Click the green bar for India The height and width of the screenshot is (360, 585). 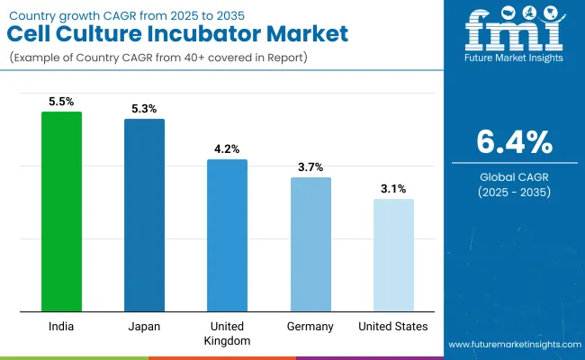click(x=61, y=211)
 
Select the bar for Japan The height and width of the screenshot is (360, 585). click(x=144, y=215)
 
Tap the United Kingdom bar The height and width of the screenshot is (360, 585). click(x=227, y=236)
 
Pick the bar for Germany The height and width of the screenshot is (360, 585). click(x=310, y=245)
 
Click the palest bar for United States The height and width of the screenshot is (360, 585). click(x=393, y=256)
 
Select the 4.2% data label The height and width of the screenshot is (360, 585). click(x=227, y=150)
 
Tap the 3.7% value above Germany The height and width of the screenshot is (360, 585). click(x=310, y=167)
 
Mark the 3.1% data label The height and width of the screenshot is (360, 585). click(x=393, y=189)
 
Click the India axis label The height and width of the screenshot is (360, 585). click(x=61, y=326)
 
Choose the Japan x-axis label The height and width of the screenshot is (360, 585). click(x=144, y=326)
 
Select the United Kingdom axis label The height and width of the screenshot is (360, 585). click(x=227, y=333)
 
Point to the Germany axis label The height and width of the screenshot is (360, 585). click(x=310, y=326)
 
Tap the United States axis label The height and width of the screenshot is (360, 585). click(x=393, y=326)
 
